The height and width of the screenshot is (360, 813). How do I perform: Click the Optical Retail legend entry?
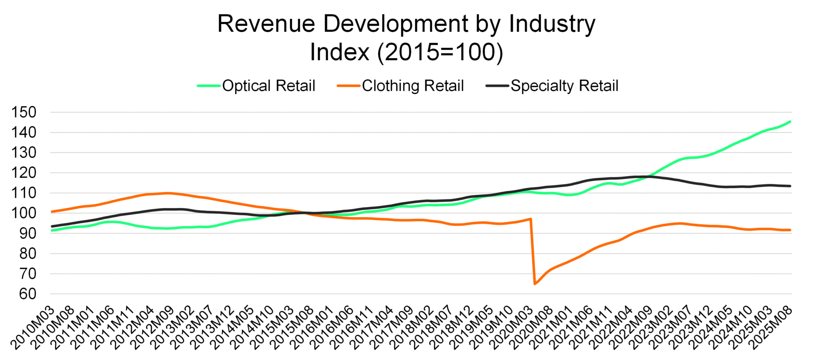click(268, 86)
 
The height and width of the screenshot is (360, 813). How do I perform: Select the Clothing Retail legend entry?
click(412, 86)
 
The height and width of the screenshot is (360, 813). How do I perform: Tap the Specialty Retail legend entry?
click(564, 86)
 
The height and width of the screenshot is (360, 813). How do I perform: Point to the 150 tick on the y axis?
click(24, 113)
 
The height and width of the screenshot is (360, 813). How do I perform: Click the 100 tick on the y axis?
click(24, 213)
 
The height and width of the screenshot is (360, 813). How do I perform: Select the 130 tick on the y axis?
click(24, 153)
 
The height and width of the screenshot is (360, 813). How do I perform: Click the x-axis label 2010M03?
click(33, 329)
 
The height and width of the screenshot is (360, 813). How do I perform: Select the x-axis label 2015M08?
click(292, 329)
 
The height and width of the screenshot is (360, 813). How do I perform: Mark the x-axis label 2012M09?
click(152, 329)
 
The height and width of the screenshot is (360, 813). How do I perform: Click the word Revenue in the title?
click(266, 24)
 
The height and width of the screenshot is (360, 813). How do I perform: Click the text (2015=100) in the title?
click(440, 53)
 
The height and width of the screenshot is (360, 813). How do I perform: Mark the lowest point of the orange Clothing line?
click(535, 284)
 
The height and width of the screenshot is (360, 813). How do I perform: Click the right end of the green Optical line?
click(790, 122)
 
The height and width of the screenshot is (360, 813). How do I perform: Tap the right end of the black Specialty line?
click(790, 186)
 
